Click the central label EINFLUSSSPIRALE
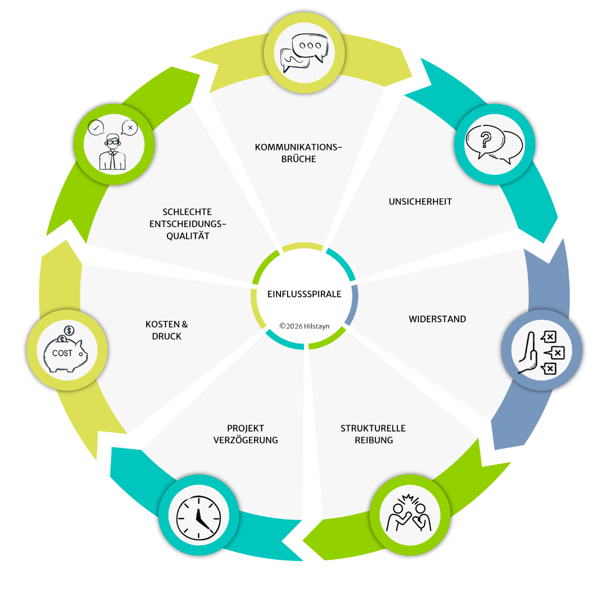304,294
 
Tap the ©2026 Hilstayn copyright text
304,326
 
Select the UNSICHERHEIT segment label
420,202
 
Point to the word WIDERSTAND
437,319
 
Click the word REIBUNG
373,440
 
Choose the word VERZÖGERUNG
245,440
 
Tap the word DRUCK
166,336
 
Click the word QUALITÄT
188,235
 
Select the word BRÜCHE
298,159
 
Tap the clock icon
198,518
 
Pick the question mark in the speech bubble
485,140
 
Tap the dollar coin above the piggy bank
69,330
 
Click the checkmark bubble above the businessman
96,127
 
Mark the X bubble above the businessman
129,127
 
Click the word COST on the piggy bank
62,353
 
